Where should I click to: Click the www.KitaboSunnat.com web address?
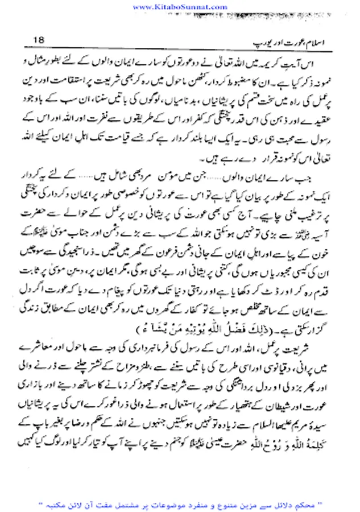pyautogui.click(x=179, y=6)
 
